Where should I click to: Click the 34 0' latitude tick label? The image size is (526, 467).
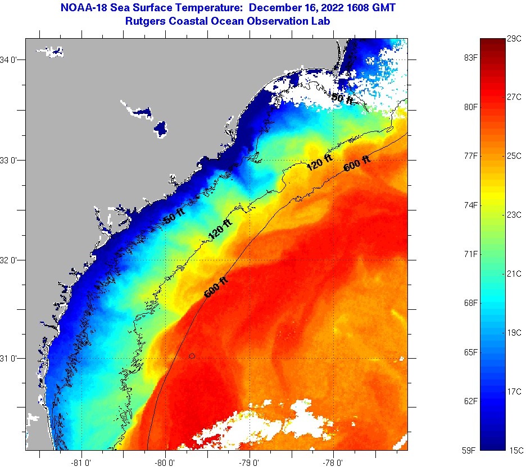coord(12,60)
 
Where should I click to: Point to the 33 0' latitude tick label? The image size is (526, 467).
coord(12,160)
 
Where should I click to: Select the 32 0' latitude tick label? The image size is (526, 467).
coord(12,260)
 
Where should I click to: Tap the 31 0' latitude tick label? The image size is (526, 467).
coord(12,358)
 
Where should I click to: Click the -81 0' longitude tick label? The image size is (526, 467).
coord(82,463)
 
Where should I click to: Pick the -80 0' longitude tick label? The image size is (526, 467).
coord(166,463)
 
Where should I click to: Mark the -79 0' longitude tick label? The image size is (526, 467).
coord(250,463)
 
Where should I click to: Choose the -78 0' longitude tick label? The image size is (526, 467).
coord(333,463)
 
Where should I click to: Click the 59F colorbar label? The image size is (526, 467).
coord(468,450)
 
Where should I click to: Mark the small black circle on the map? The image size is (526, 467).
coord(192,356)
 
